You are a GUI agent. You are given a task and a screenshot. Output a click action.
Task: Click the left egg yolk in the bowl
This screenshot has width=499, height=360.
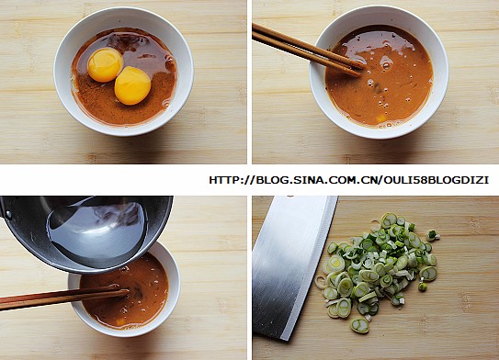click(106, 64)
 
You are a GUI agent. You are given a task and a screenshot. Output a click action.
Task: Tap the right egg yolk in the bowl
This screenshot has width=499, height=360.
click(132, 85)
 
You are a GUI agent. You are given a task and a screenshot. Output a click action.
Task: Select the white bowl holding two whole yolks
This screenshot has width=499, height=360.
click(123, 72)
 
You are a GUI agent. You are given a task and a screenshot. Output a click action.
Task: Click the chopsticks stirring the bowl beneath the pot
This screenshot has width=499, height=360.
click(63, 297)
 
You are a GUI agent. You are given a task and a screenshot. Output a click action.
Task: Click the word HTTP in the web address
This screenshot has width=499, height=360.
click(222, 180)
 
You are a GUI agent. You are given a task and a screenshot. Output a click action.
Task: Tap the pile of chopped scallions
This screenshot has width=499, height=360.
click(379, 270)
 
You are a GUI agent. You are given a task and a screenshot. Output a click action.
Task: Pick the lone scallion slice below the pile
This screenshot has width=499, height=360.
click(359, 325)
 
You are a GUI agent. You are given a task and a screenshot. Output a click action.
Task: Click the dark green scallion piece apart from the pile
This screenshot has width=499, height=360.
click(432, 235)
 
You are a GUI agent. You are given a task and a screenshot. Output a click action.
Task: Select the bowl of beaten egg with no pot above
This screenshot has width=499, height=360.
click(379, 73)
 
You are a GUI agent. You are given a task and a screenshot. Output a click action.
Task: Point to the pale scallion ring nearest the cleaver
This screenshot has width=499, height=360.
click(321, 282)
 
